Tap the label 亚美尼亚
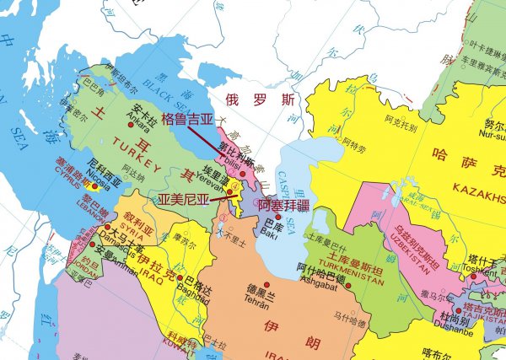(183, 201)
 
